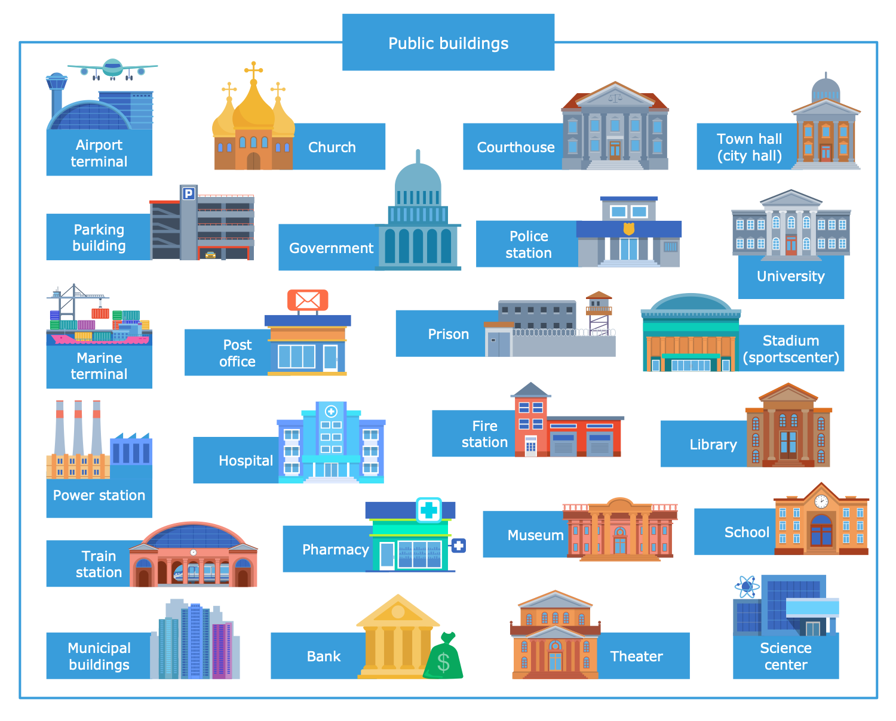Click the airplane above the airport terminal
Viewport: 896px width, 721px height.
[112, 69]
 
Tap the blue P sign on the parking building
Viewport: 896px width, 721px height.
[188, 193]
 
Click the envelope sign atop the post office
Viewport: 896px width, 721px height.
[308, 300]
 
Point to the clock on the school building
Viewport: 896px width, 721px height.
[821, 501]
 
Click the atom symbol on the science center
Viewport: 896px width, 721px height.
[746, 586]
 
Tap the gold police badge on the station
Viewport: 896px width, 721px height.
[628, 229]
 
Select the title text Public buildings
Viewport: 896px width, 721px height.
[448, 43]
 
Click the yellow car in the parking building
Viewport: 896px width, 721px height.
[210, 255]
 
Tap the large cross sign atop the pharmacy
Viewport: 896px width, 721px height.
[429, 510]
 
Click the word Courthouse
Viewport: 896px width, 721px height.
[515, 147]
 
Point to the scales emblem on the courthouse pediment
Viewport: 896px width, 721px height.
[615, 97]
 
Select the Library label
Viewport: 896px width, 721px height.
[713, 445]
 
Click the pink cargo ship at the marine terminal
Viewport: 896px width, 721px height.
[99, 338]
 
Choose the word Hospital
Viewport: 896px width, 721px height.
[246, 461]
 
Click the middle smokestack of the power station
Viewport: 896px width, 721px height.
[78, 430]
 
